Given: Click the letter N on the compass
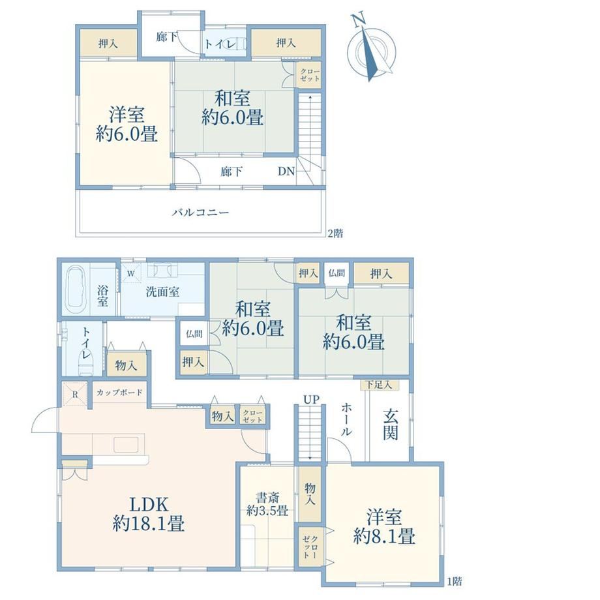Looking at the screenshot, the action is pos(358,20).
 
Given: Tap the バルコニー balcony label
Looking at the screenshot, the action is pos(200,212).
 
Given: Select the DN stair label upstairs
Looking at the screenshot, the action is pos(286,171).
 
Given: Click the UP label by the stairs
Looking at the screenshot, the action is pos(311,400).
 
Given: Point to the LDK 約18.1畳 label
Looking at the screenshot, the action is pos(149,514).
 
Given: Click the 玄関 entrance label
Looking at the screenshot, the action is pos(390,425).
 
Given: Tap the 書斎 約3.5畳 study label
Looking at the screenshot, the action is pos(267,504).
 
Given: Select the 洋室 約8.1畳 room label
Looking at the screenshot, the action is pos(383,526).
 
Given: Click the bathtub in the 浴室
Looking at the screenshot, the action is pos(76,289).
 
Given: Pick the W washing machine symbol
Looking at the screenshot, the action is pos(130,274).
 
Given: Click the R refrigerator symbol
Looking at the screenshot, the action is pos(75,394).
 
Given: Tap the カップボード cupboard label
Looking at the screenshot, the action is pos(119,392).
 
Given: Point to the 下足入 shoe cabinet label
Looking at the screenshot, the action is pos(379,385).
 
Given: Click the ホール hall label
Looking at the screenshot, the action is pos(346,419).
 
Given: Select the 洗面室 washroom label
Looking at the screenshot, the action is pos(162,292).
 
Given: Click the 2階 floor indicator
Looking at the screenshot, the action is pos(335,233).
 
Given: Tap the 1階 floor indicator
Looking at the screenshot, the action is pos(454,582).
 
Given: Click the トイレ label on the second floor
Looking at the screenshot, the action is pos(220,44).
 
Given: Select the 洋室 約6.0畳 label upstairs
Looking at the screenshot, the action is pos(127,125).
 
